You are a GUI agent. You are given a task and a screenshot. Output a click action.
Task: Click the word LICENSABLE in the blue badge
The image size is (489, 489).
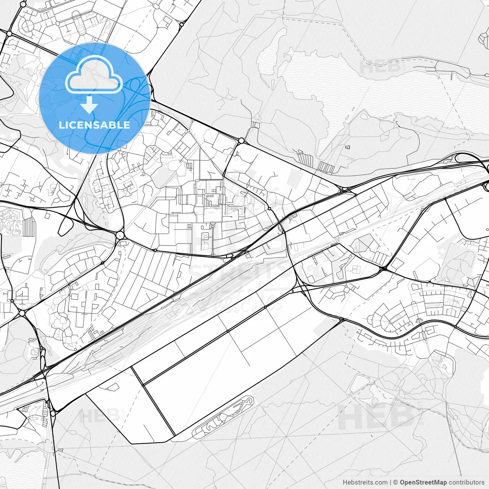coord(94,125)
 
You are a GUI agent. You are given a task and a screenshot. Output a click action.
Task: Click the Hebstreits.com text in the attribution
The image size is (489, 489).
coord(365,483)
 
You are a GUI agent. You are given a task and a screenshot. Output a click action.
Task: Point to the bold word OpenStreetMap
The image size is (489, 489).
coord(423,483)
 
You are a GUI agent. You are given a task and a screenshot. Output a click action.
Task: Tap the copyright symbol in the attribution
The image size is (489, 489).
coord(396,483)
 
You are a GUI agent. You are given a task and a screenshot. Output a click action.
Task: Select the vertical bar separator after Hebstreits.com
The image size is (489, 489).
coord(390,483)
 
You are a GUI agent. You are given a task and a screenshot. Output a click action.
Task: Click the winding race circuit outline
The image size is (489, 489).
coord(223,416)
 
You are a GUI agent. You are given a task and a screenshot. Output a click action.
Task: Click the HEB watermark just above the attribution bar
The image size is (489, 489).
coord(376,416)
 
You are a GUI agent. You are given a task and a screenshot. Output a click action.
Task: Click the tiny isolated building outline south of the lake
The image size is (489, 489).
coord(347,147)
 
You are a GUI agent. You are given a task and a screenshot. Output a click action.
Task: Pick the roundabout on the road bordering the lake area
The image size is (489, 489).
coord(241,141)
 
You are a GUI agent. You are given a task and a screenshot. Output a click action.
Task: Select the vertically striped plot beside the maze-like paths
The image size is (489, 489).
coord(29,226)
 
